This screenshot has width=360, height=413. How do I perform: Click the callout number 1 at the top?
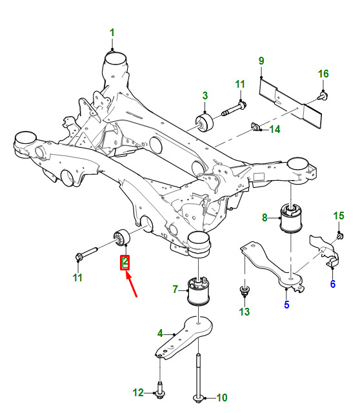tap(112, 33)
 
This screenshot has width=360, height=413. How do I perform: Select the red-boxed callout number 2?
tap(125, 263)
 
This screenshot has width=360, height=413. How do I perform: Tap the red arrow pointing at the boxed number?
tap(132, 285)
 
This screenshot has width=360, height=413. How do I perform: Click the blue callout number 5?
tap(287, 305)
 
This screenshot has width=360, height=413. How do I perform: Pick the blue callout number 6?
tap(333, 284)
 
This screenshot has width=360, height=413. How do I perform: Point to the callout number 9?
tap(261, 61)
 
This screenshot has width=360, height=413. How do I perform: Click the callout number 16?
tap(323, 74)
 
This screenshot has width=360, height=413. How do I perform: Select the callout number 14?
tap(275, 129)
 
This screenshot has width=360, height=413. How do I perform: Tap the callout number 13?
tap(244, 312)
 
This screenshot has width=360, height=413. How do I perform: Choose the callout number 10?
tap(221, 398)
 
